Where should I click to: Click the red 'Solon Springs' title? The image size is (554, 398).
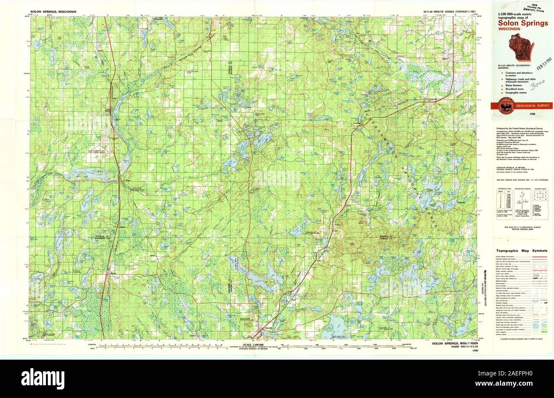[520, 23]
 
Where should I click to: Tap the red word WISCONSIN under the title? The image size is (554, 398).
[508, 29]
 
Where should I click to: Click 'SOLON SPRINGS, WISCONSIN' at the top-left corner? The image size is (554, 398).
[53, 12]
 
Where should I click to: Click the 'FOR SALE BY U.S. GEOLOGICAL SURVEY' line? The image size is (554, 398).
[522, 228]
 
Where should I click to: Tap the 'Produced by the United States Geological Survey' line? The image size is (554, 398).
[517, 128]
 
